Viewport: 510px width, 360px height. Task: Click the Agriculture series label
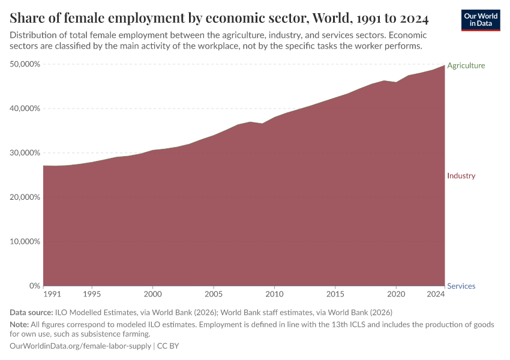click(466, 65)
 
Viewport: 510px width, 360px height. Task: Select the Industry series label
click(461, 176)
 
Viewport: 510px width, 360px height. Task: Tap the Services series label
click(461, 286)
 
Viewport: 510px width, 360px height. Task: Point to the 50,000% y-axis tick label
click(26, 64)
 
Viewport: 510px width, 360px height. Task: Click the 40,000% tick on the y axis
click(26, 109)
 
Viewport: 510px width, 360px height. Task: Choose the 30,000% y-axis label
click(26, 153)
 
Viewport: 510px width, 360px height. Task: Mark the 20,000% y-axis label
click(26, 197)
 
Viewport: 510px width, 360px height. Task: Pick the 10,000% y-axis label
click(26, 242)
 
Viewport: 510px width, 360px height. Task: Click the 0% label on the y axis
click(34, 286)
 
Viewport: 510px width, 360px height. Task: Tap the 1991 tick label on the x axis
click(52, 295)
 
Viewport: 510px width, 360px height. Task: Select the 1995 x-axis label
click(92, 295)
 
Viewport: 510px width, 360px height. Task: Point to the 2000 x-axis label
click(153, 295)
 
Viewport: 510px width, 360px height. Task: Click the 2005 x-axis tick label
click(214, 295)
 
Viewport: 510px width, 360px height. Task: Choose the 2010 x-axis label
click(274, 295)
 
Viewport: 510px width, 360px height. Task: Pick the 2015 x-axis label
click(335, 295)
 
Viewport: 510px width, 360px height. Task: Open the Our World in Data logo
click(481, 20)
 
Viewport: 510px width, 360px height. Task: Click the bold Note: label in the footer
click(20, 324)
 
